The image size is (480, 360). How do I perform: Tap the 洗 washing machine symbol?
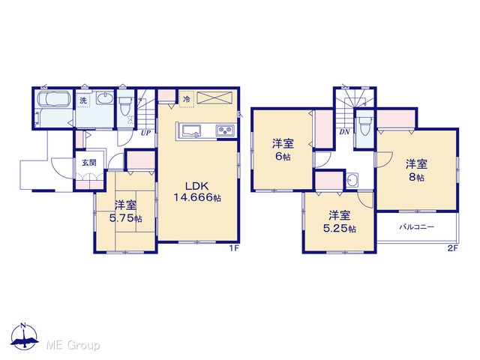click(x=83, y=100)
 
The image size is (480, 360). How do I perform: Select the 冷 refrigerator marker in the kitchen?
click(x=187, y=99)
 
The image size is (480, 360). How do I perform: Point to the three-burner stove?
click(x=226, y=130)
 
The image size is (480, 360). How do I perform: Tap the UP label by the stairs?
click(x=145, y=133)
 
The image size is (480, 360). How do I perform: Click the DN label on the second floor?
click(x=345, y=132)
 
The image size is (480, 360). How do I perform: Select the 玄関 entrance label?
click(x=89, y=163)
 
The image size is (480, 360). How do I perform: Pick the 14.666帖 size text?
click(x=197, y=198)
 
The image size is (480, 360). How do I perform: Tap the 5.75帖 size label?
click(x=125, y=218)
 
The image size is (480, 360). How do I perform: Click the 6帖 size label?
click(x=283, y=157)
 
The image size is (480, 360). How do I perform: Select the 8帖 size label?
click(x=417, y=177)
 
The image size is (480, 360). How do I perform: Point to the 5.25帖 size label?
click(x=340, y=229)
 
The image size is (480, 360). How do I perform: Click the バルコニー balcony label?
click(x=416, y=226)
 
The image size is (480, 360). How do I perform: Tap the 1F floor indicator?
click(x=234, y=248)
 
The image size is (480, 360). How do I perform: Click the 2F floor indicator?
click(x=453, y=248)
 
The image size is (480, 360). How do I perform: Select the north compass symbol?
click(x=24, y=335)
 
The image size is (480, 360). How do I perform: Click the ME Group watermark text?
click(x=73, y=346)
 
